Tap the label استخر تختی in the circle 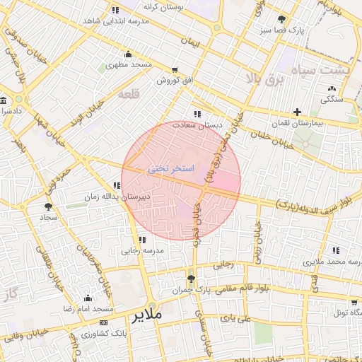168,170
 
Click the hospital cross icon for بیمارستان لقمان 298,112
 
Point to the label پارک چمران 191,291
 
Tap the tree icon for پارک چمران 191,278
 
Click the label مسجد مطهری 129,65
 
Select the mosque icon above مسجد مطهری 127,54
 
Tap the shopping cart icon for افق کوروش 174,70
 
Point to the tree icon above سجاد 48,206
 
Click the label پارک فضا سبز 282,31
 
